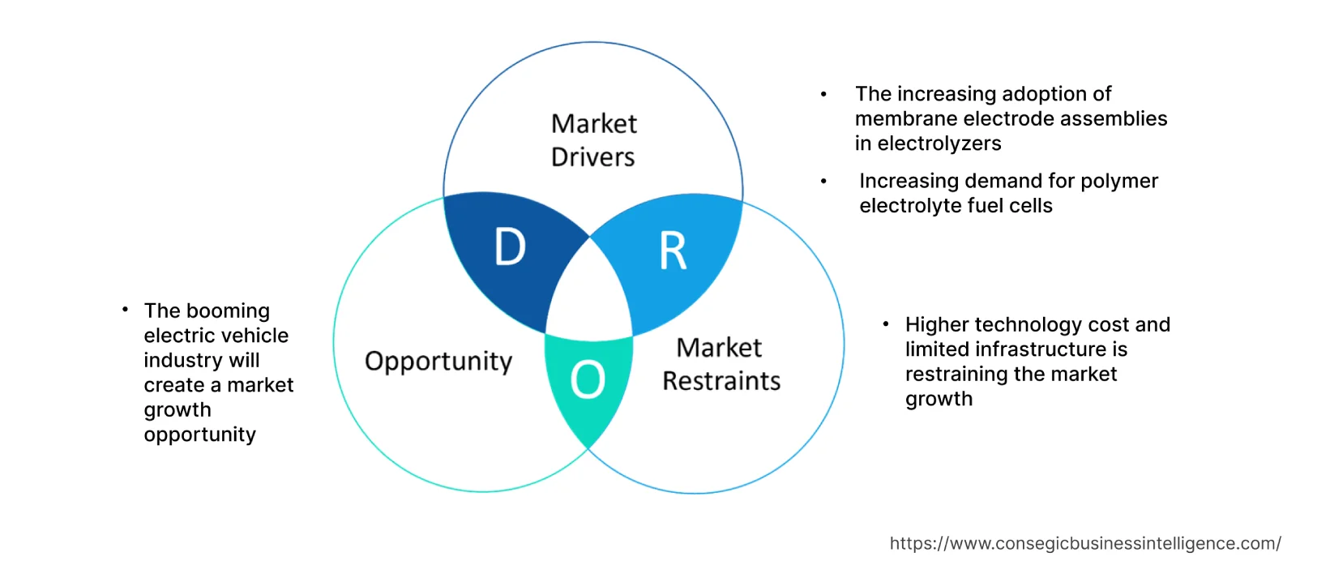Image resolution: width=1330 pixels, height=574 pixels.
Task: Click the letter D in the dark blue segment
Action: (510, 247)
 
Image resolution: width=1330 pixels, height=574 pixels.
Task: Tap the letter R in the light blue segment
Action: (673, 251)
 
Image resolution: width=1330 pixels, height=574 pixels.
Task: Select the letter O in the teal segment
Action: (588, 379)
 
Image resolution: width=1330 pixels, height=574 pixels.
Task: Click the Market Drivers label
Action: (593, 140)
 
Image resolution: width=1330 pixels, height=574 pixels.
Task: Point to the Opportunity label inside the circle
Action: (438, 361)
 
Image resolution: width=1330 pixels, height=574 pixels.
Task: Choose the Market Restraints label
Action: (721, 364)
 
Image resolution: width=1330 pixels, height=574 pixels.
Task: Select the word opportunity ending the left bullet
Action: (199, 435)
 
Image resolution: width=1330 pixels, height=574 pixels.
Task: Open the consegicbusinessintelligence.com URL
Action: (1084, 543)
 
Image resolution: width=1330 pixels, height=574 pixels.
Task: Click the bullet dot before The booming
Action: (125, 310)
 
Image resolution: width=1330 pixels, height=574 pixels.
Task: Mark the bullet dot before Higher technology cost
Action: (886, 324)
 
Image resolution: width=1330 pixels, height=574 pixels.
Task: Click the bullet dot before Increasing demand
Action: (823, 182)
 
